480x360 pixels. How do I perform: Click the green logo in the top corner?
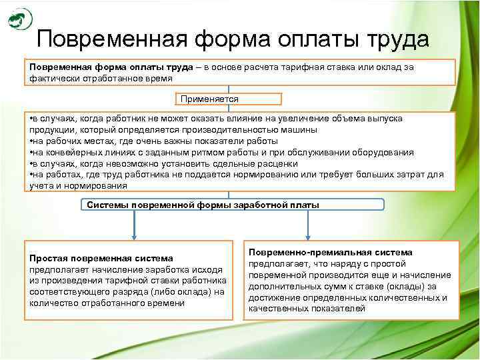coord(20,19)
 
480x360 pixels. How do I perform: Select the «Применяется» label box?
coord(209,99)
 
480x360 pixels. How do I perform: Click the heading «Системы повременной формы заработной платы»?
coord(203,205)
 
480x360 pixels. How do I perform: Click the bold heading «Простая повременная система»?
coord(101,258)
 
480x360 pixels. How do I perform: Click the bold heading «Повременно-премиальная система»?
coord(330,253)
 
